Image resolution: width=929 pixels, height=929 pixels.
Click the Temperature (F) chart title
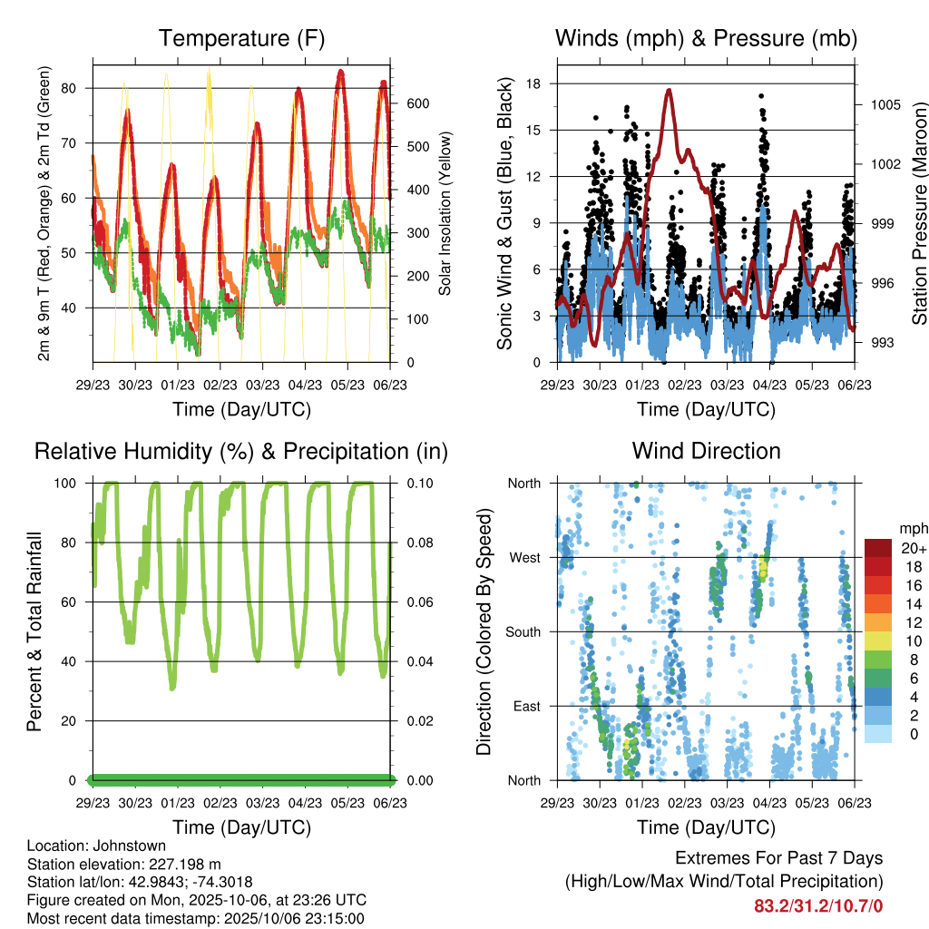(x=241, y=38)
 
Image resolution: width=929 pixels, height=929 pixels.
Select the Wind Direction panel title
(x=706, y=451)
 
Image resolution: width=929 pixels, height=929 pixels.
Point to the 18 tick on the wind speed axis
(x=533, y=83)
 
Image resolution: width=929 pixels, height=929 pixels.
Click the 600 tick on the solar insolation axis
(x=417, y=103)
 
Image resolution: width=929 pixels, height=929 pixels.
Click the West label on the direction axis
(x=524, y=557)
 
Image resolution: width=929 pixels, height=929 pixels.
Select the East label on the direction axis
(x=525, y=706)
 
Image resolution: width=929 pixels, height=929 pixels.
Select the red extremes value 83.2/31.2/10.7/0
(x=818, y=906)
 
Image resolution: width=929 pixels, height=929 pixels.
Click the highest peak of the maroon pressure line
(x=669, y=90)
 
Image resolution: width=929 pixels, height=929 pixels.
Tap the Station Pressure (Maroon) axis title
(x=919, y=214)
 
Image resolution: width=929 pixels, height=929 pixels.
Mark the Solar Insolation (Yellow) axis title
(x=445, y=214)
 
